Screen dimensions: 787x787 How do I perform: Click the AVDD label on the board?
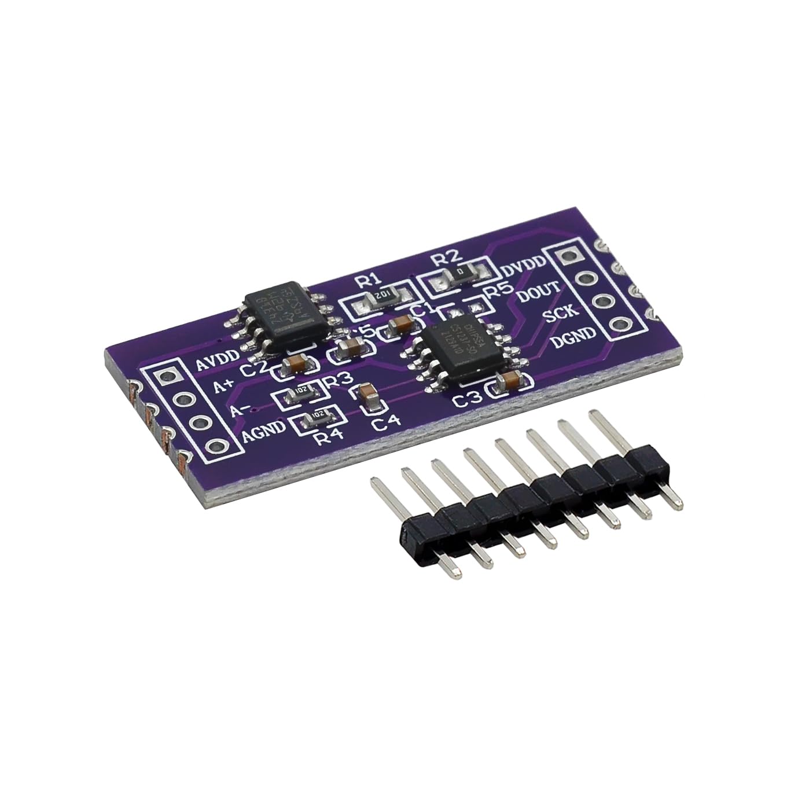(x=216, y=364)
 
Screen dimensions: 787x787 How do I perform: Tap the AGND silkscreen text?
(x=263, y=429)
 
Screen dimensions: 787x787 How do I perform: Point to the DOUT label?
(x=538, y=290)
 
